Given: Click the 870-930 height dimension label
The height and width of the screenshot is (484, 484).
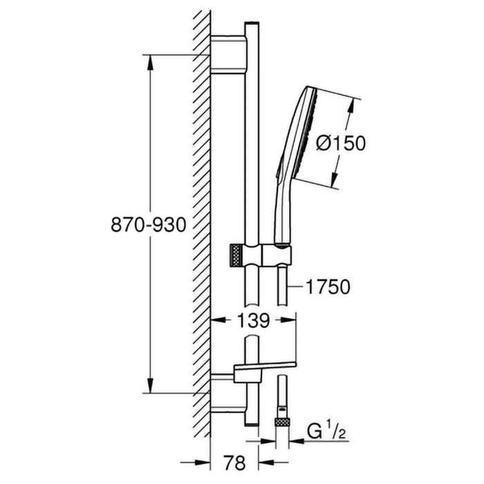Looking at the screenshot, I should click(149, 225).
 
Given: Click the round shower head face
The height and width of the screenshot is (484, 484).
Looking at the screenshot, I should click(310, 138).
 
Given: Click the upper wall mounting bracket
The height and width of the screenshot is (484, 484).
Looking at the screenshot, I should click(228, 55).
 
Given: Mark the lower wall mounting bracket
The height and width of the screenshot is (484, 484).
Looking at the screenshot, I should click(228, 393).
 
